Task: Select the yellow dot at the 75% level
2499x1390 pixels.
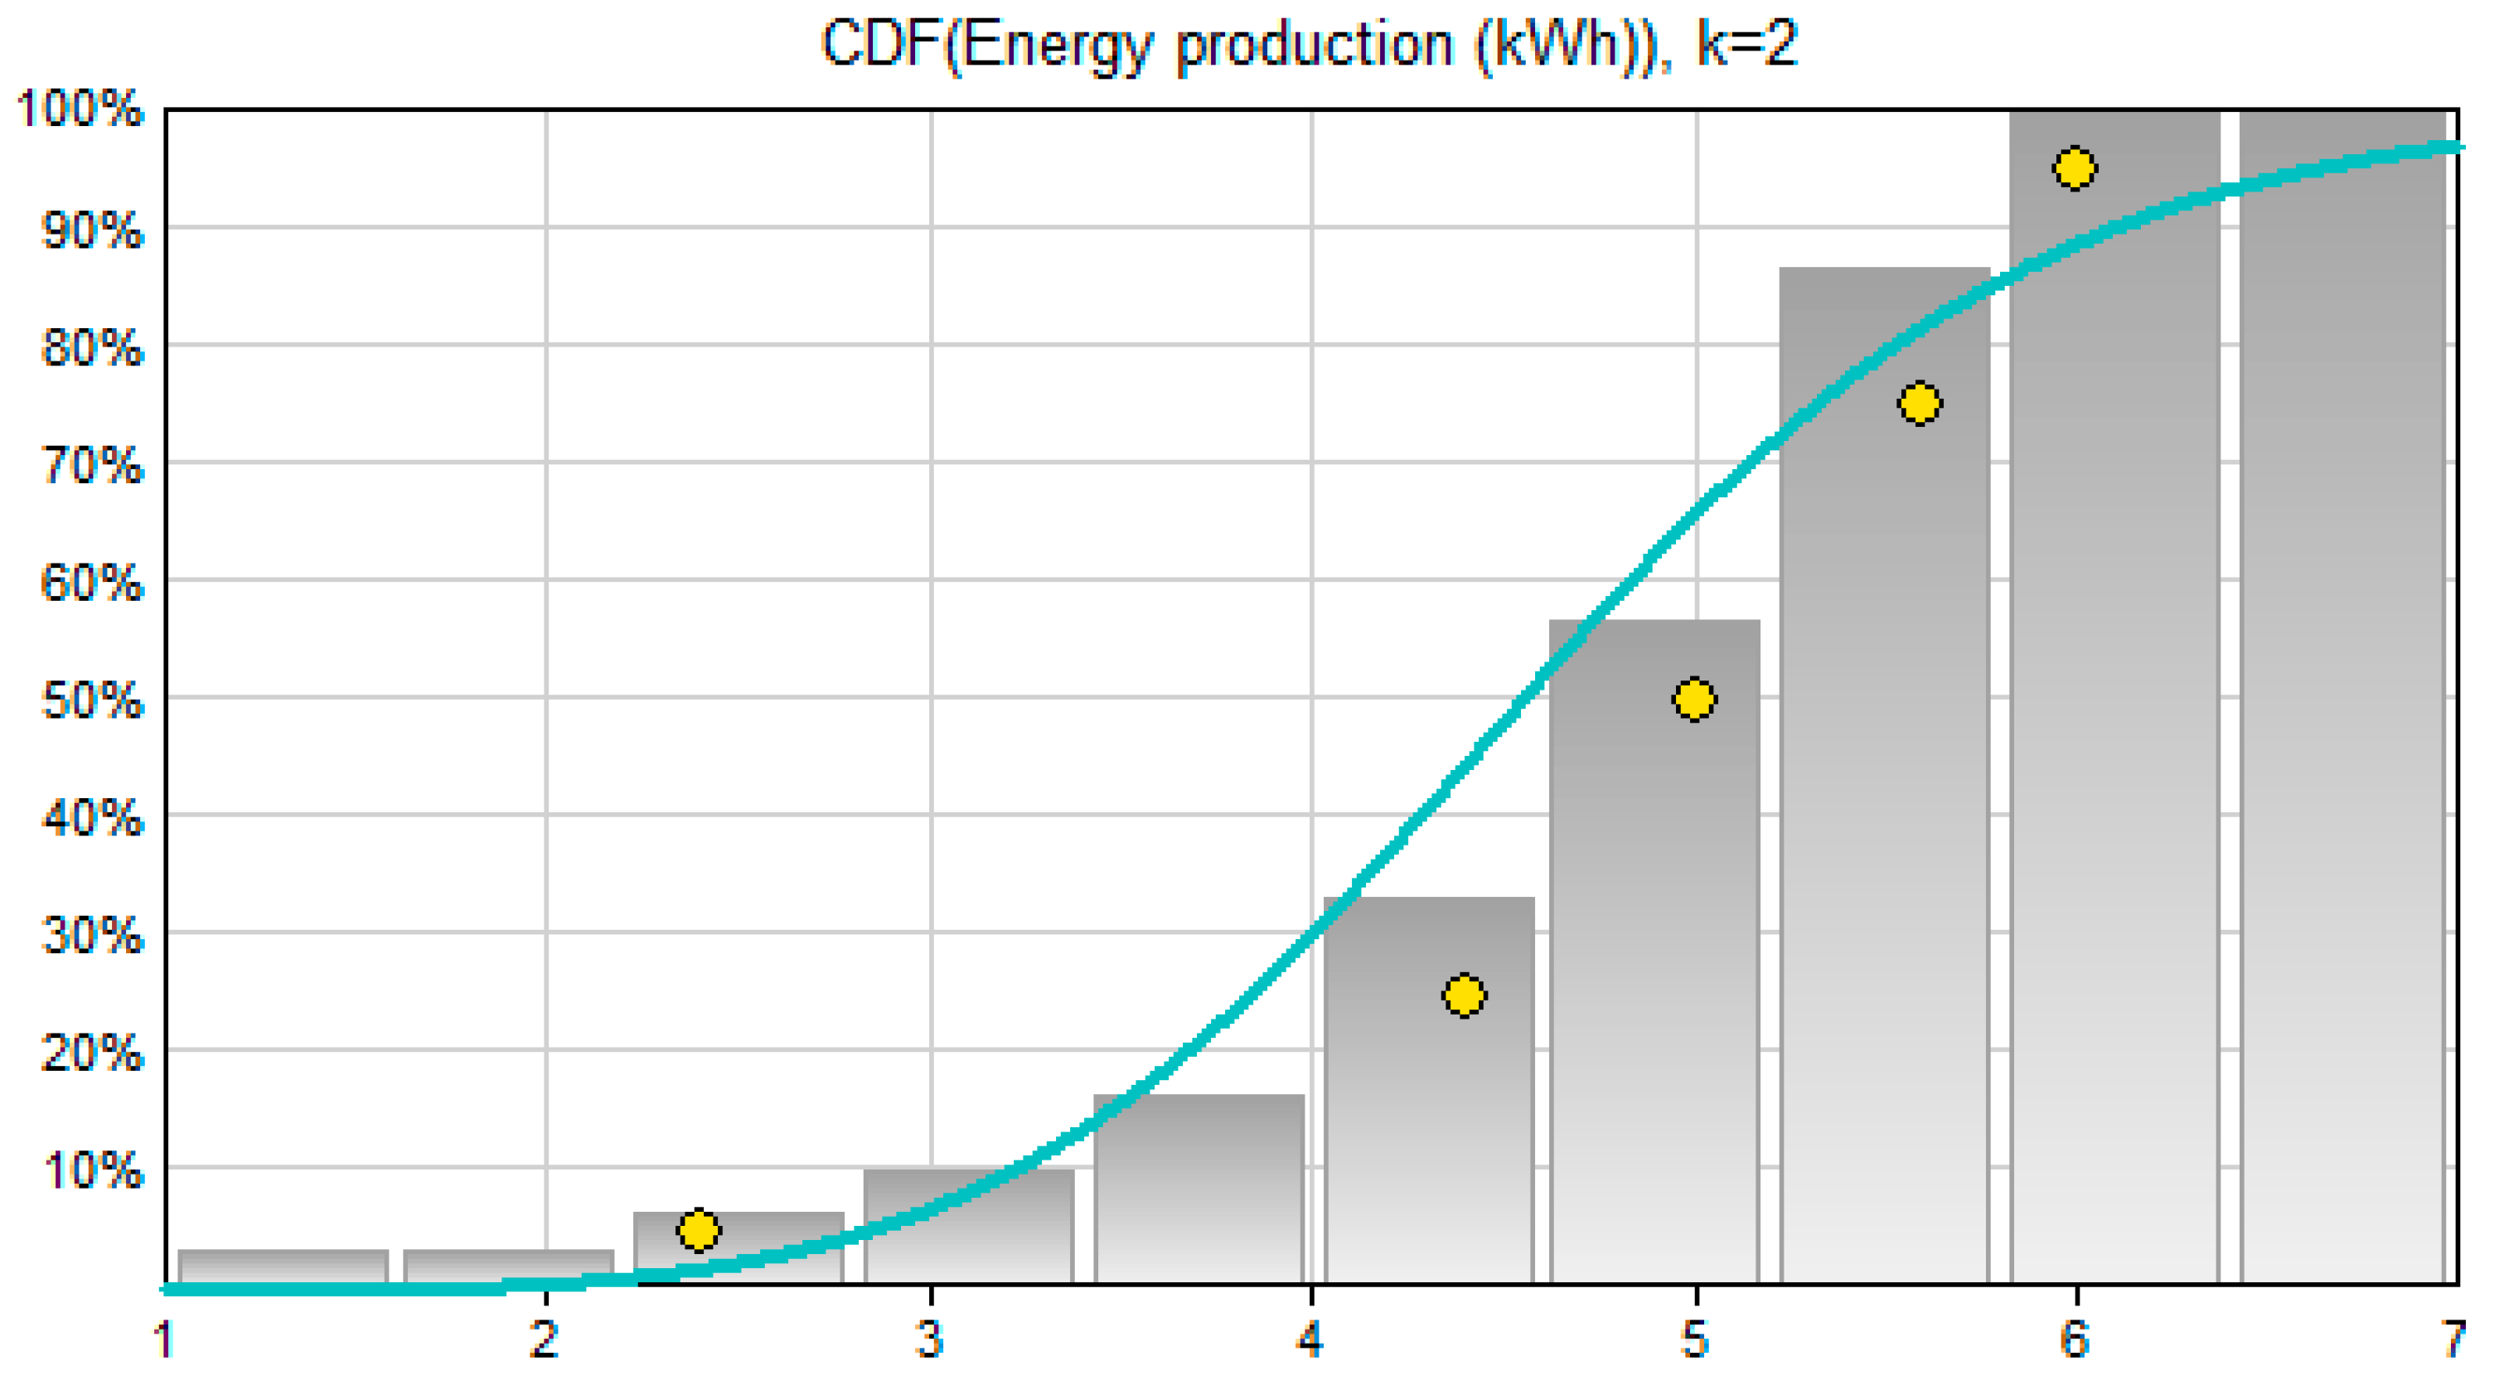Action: click(1919, 404)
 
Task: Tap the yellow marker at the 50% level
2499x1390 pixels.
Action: click(1694, 699)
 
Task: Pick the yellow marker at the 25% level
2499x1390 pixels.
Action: click(1464, 995)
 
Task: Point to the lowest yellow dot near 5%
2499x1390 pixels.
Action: click(699, 1230)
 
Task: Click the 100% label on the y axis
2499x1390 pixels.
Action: click(80, 109)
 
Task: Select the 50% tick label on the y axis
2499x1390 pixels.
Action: click(92, 700)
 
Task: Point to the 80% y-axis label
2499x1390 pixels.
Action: click(92, 347)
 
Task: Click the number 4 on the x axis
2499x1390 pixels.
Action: click(1310, 1340)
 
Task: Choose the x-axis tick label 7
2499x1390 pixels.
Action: click(2454, 1340)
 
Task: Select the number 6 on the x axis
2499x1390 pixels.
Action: click(2074, 1340)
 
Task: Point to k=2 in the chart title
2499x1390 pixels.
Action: click(1747, 44)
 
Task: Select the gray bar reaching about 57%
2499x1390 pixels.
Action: click(1654, 951)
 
